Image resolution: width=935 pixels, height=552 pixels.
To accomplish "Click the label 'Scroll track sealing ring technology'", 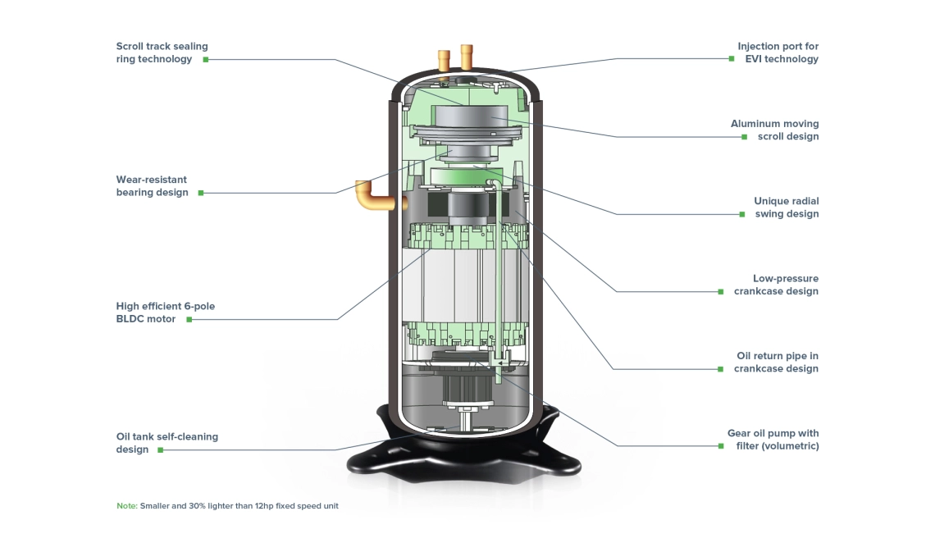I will pos(162,52).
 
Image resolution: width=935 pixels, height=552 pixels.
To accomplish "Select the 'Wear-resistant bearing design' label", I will pos(152,186).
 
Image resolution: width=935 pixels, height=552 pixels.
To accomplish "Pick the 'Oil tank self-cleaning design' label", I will pos(166,443).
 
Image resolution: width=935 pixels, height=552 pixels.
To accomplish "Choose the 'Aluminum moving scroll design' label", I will pos(774,130).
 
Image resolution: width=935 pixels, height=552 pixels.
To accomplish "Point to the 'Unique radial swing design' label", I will pos(786,208).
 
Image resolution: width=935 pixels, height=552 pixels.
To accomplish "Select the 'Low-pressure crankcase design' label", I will pos(776,285).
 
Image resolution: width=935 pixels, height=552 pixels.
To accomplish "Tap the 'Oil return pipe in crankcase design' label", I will pos(776,363).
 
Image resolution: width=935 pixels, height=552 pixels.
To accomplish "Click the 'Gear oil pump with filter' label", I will pos(773,440).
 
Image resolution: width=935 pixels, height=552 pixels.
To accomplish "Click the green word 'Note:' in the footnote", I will pos(126,506).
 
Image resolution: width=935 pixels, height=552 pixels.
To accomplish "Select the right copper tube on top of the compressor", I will pos(467,57).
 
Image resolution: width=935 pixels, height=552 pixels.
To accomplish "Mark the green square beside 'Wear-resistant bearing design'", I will pos(199,194).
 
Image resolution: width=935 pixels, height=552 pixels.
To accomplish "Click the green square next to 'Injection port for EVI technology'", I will pos(731,59).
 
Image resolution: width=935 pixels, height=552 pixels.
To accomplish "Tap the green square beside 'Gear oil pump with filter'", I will pos(720,446).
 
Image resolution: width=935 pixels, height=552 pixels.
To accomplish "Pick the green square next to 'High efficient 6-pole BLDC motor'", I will pos(189,320).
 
